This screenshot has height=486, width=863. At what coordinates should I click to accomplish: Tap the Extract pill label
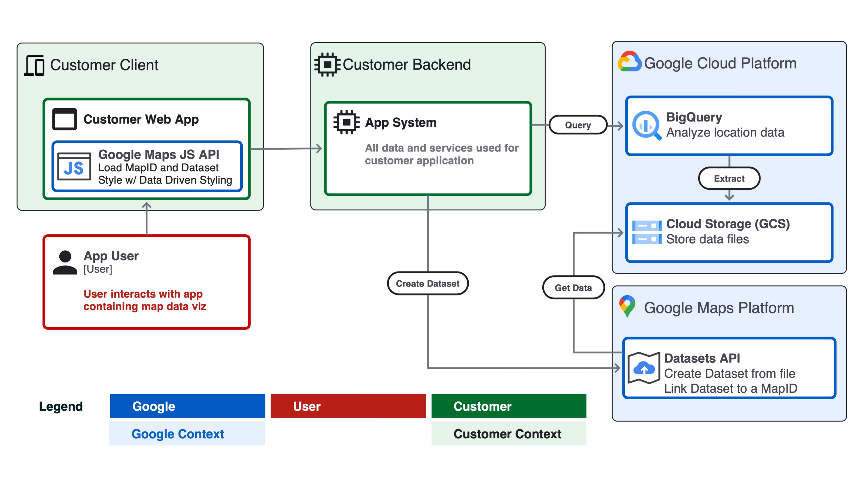click(729, 178)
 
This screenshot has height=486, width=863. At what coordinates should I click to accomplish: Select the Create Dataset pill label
click(428, 283)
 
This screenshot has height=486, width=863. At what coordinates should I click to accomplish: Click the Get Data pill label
click(573, 288)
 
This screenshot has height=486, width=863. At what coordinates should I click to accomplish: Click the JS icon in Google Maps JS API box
click(74, 167)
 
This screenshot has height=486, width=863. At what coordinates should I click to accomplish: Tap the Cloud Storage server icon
click(647, 232)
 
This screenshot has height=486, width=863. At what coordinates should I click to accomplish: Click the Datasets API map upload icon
click(644, 368)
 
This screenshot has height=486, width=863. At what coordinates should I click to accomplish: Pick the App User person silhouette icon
click(65, 262)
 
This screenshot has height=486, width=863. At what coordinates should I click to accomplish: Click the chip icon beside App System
click(346, 122)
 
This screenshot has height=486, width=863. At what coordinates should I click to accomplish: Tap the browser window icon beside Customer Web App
click(65, 119)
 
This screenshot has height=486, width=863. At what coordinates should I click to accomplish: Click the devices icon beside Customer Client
click(34, 65)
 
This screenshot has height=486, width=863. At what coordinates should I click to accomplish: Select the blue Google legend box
click(187, 406)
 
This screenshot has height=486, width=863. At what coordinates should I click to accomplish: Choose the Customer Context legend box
click(509, 434)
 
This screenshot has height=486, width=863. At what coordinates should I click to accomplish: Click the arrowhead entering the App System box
click(319, 148)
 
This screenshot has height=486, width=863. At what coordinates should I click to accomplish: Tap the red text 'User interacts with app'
click(143, 294)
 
